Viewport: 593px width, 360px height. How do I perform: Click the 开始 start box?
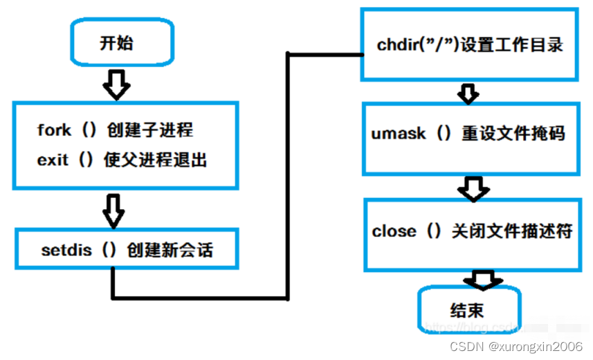[118, 43]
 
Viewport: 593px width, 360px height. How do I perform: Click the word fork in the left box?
[54, 130]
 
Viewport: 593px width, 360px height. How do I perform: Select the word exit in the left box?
[53, 160]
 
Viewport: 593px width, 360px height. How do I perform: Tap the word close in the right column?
[394, 231]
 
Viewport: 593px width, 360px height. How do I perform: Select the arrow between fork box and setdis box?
[113, 209]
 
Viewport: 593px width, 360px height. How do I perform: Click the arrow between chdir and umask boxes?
[468, 93]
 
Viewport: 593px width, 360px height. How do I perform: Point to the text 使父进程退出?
[157, 160]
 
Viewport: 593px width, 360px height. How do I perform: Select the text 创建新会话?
[170, 250]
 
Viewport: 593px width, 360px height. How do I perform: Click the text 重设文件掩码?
[513, 133]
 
